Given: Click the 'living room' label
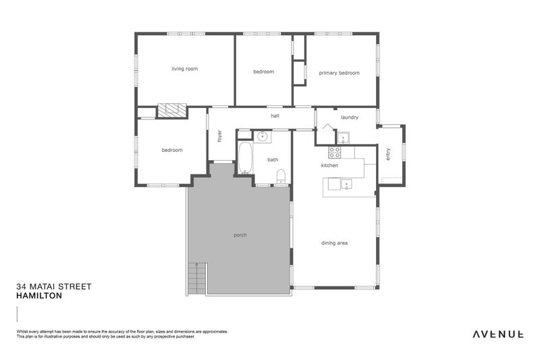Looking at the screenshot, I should (184, 69).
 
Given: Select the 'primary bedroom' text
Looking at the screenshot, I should (339, 73).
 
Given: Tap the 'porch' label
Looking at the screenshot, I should (240, 235).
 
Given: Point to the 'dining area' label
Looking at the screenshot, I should (334, 243).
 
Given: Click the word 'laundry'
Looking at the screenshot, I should (349, 117).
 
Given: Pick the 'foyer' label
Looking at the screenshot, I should (219, 136).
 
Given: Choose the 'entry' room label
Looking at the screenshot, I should (388, 154).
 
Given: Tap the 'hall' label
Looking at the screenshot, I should (275, 116).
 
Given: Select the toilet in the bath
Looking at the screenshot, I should (281, 177).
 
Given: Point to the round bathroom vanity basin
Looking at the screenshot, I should (262, 136).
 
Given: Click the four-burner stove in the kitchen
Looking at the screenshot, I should (333, 152).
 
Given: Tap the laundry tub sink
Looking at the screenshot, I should (343, 138).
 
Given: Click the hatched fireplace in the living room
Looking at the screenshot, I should (171, 111).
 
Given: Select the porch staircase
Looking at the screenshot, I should (196, 278).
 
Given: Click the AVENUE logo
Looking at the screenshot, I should (497, 334).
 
